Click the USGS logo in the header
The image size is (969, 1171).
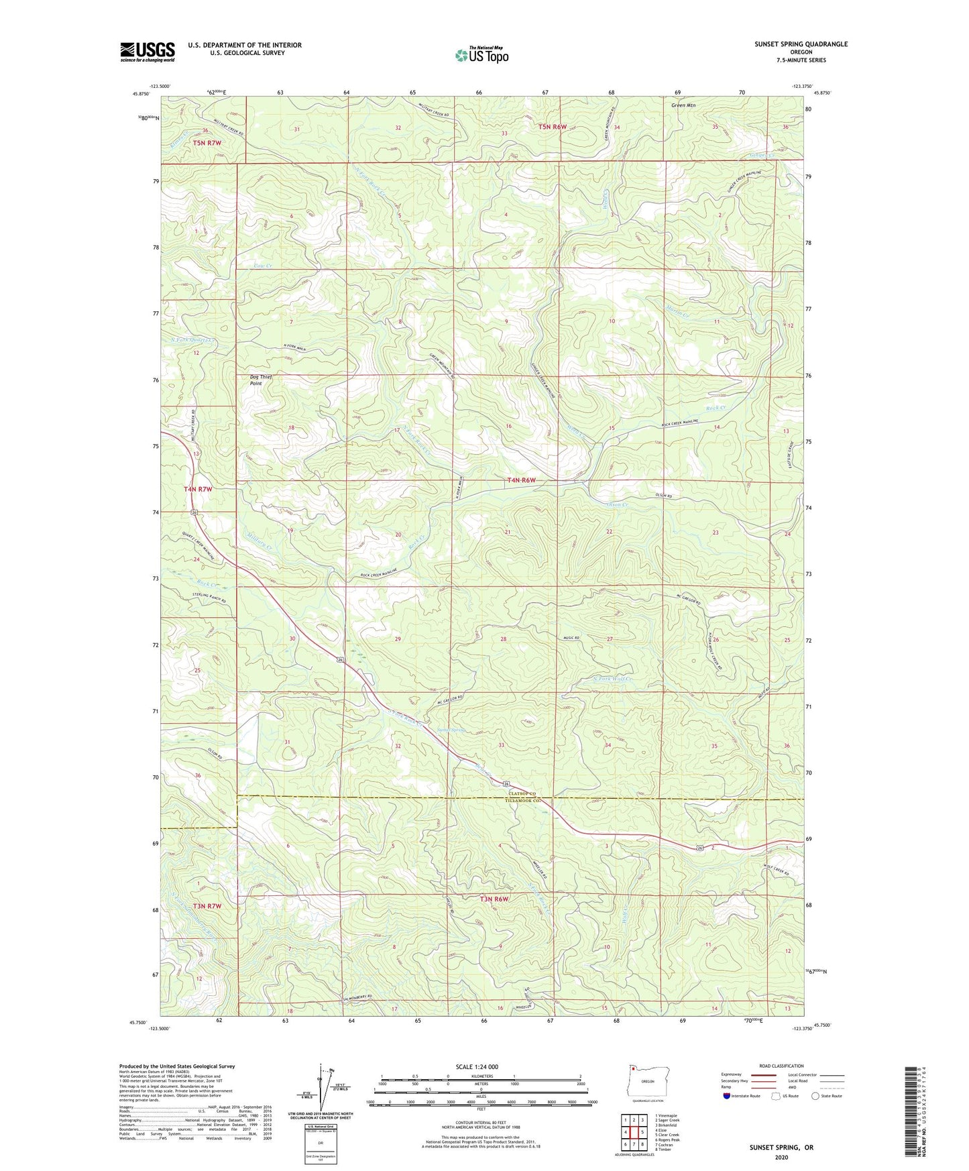[x=148, y=52]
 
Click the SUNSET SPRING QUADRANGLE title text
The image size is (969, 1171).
[x=801, y=44]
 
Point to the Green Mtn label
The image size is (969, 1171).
[x=683, y=105]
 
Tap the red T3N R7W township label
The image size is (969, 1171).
[x=197, y=905]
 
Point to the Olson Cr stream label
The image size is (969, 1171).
[x=617, y=504]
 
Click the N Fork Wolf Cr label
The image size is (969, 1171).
[x=613, y=679]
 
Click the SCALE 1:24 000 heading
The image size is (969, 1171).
[x=477, y=1066]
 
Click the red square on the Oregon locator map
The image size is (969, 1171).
[x=632, y=1069]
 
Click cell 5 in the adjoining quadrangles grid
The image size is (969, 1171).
[x=642, y=1132]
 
